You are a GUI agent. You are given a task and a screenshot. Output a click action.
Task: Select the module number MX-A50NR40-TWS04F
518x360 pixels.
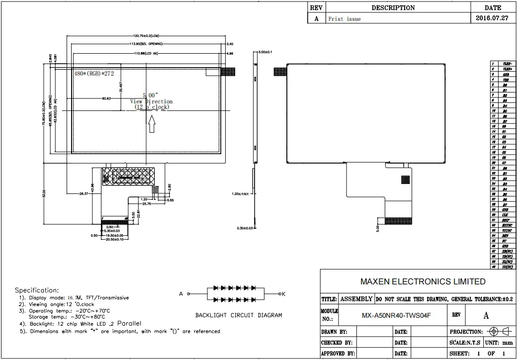pos(396,315)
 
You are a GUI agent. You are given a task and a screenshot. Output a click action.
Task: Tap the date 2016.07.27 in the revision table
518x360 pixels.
pos(493,18)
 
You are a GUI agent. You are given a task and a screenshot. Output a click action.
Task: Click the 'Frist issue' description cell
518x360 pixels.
pos(345,19)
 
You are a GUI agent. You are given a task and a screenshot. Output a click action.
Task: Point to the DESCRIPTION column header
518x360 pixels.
pos(393,8)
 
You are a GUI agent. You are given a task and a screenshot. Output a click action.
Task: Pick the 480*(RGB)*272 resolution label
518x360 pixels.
pos(95,73)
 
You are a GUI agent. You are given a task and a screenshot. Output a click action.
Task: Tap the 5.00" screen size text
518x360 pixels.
pos(150,95)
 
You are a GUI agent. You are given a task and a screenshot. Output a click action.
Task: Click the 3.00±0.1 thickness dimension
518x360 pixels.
pos(265,52)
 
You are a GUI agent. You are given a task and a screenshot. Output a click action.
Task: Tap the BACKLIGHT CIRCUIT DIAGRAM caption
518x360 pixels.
pos(238,315)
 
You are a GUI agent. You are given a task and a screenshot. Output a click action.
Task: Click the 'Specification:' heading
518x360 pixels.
pos(36,290)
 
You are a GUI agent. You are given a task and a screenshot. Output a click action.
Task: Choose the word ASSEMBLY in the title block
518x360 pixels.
pos(356,299)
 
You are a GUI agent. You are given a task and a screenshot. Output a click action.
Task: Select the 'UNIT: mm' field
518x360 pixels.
pos(499,343)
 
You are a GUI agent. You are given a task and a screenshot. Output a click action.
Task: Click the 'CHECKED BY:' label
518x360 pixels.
pos(337,343)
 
